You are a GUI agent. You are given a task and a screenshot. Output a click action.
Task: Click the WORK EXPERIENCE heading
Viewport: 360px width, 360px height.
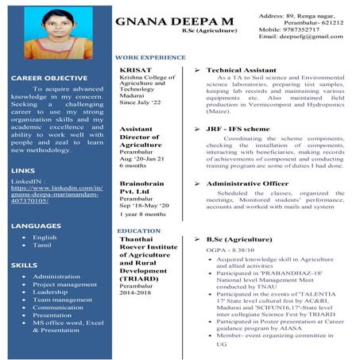150,58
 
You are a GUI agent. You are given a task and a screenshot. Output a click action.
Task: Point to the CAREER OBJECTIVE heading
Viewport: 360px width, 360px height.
49,78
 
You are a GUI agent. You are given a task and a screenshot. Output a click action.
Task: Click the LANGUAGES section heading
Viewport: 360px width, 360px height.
37,226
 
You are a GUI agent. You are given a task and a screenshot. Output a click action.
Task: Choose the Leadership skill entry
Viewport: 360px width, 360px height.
50,292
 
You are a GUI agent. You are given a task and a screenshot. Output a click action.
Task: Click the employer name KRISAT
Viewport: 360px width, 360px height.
134,71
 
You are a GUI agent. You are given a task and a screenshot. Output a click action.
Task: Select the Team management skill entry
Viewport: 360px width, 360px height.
62,300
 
